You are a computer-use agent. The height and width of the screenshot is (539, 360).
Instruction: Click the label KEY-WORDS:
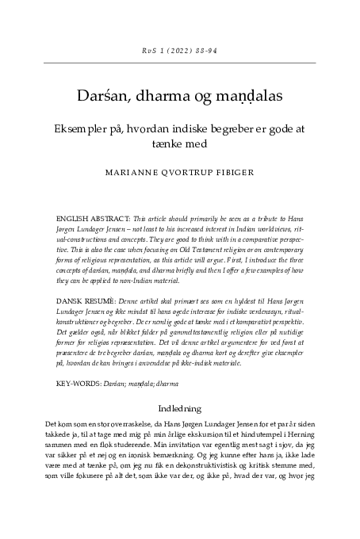coord(79,383)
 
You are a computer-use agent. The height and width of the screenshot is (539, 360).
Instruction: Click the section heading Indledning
coord(180,410)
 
